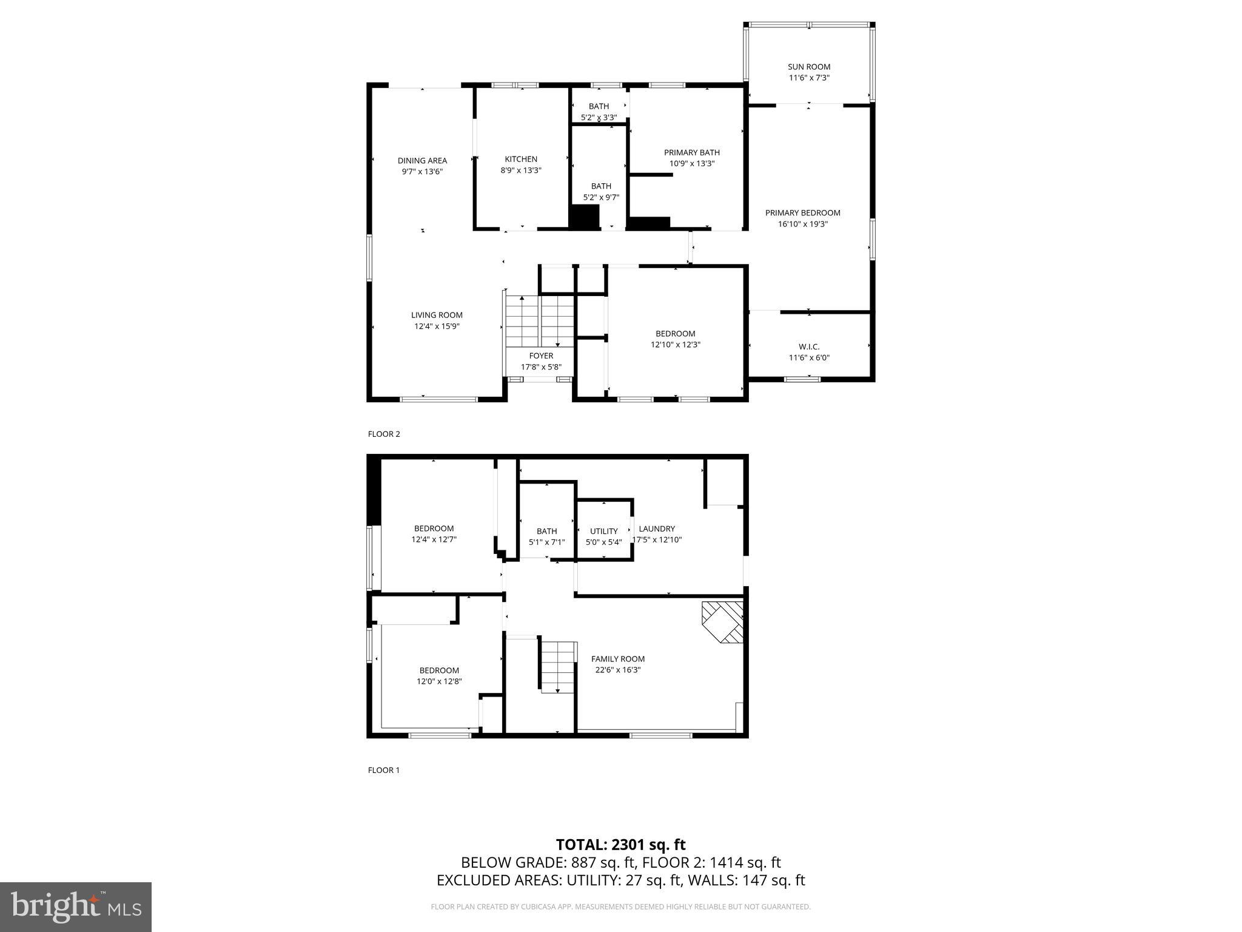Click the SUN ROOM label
point(808,67)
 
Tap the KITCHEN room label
point(521,160)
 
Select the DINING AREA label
point(422,161)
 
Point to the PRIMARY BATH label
point(691,153)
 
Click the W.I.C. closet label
point(808,346)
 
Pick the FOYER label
point(541,356)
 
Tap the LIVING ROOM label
point(437,315)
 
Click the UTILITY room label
point(603,532)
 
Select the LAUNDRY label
point(656,528)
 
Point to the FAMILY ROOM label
point(617,659)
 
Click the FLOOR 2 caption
point(384,434)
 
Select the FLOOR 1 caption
point(384,770)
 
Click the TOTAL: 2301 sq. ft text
point(620,845)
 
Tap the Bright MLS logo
point(76,907)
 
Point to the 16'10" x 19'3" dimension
point(802,224)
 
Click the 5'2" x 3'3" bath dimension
point(599,118)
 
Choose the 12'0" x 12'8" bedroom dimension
point(439,681)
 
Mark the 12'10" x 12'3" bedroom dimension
point(675,345)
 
